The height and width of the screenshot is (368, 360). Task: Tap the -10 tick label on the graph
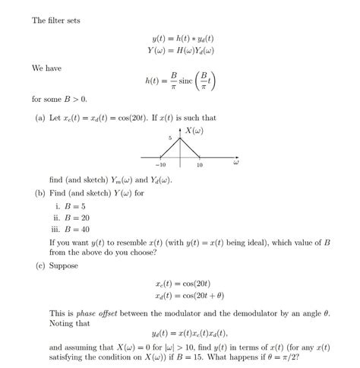(x=160, y=165)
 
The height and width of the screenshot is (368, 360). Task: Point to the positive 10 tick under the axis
(x=199, y=165)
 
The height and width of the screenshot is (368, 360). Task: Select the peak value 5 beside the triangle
(x=171, y=138)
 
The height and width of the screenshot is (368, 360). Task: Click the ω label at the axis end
(x=236, y=162)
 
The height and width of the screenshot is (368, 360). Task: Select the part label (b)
(x=39, y=193)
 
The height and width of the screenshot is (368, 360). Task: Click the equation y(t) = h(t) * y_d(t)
(x=182, y=38)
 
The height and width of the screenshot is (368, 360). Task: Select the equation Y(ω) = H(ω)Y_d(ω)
(x=180, y=50)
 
